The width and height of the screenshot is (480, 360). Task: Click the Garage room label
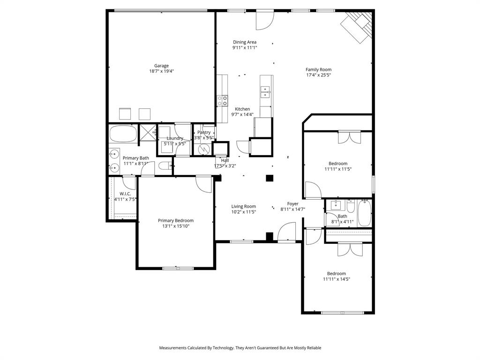pyautogui.click(x=162, y=66)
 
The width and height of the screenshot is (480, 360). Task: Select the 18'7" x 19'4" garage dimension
pyautogui.click(x=162, y=71)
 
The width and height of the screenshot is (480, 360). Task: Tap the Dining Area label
pyautogui.click(x=245, y=42)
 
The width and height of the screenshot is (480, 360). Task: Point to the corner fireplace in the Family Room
pyautogui.click(x=358, y=27)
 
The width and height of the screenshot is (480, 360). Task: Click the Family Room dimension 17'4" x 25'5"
pyautogui.click(x=318, y=75)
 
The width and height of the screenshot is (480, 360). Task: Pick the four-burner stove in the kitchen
pyautogui.click(x=222, y=100)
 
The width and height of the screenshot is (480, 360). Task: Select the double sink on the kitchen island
pyautogui.click(x=266, y=91)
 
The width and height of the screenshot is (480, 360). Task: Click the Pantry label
pyautogui.click(x=204, y=132)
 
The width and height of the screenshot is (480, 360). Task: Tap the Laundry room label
pyautogui.click(x=175, y=138)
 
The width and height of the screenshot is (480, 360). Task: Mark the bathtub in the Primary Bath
pyautogui.click(x=123, y=134)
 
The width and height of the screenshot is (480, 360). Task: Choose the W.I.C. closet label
pyautogui.click(x=125, y=194)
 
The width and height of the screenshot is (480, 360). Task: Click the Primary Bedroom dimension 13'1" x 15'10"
pyautogui.click(x=176, y=226)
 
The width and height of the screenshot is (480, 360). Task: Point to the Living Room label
pyautogui.click(x=244, y=206)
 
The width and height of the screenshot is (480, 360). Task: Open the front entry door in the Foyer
pyautogui.click(x=286, y=233)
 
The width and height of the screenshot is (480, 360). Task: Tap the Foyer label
pyautogui.click(x=293, y=204)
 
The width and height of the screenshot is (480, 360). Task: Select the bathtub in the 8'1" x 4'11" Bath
pyautogui.click(x=364, y=213)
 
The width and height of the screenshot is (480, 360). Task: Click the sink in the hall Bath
pyautogui.click(x=336, y=205)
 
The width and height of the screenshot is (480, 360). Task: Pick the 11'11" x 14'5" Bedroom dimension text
pyautogui.click(x=337, y=279)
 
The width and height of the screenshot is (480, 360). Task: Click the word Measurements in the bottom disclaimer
pyautogui.click(x=173, y=348)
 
